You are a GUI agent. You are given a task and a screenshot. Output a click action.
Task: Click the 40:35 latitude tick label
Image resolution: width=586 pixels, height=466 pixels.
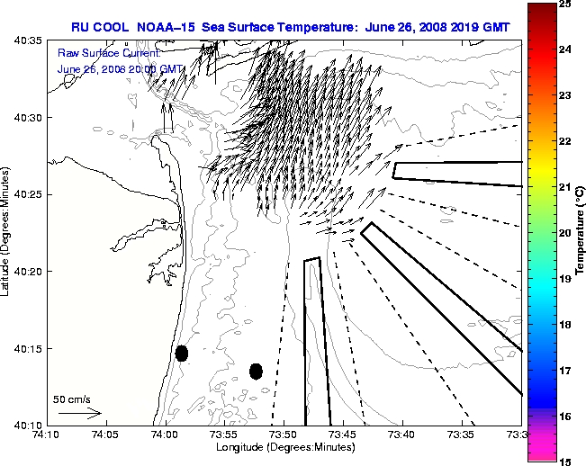(26, 41)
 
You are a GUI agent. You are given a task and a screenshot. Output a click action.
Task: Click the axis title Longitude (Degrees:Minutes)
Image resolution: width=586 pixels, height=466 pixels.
(283, 447)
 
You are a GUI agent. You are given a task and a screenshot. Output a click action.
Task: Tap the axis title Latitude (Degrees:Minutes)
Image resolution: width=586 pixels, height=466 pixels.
(7, 232)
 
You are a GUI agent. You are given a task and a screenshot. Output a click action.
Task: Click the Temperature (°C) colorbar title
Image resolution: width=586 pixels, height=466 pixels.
(581, 232)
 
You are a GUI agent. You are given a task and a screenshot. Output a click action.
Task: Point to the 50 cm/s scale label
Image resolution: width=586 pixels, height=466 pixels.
(71, 399)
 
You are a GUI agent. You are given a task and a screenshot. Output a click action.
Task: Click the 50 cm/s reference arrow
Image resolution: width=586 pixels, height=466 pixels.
(79, 413)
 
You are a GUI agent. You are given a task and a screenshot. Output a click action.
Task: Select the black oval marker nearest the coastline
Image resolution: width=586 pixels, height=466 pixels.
(182, 353)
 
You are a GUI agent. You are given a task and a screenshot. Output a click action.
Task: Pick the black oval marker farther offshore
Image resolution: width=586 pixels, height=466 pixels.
(256, 371)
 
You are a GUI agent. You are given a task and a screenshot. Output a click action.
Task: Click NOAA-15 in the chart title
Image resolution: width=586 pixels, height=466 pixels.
(171, 28)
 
